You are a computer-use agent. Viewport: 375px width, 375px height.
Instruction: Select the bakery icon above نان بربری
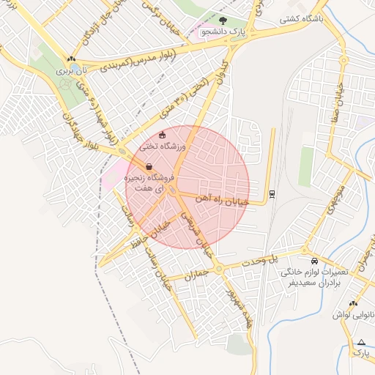[70, 60]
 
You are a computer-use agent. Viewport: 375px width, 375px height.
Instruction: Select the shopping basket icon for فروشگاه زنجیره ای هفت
[149, 166]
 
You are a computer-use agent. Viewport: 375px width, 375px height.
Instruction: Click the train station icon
[272, 193]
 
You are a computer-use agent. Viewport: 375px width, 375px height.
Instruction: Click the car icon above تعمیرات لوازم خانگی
[314, 261]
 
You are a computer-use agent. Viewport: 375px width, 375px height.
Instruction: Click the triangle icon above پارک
[361, 342]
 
